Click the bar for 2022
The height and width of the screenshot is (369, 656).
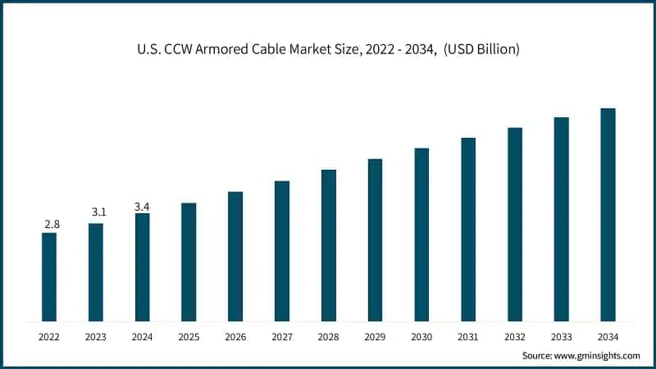(49, 277)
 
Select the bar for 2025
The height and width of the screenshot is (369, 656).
(189, 262)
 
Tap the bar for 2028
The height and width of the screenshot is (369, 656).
(329, 245)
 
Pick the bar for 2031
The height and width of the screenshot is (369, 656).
(468, 230)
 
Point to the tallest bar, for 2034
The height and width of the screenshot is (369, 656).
(608, 215)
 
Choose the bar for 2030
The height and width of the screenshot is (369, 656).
(421, 235)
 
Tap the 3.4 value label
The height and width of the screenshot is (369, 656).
(142, 207)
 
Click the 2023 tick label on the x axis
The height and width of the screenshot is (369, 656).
(96, 336)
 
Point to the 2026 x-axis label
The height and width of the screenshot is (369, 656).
(235, 336)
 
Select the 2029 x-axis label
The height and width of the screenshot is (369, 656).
(375, 336)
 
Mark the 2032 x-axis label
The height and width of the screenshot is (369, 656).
(515, 336)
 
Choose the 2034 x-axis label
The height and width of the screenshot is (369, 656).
(608, 336)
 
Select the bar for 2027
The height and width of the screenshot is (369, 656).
(282, 251)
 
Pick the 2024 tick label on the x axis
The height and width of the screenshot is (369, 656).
(143, 336)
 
